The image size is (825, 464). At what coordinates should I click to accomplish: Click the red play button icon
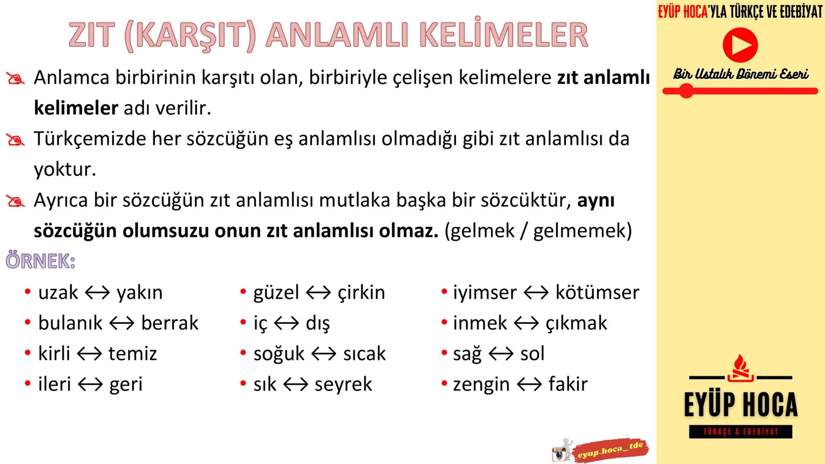tap(740, 45)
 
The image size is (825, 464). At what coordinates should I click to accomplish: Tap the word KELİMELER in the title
tap(503, 35)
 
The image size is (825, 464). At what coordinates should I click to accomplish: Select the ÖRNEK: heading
tap(40, 261)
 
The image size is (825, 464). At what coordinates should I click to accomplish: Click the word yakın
tap(140, 293)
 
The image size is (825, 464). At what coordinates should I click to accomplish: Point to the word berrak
tap(170, 323)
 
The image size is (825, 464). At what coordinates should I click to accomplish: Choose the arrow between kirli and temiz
tap(89, 354)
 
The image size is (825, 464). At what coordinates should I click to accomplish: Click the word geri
tap(126, 385)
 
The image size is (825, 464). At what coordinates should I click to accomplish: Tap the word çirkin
tap(361, 293)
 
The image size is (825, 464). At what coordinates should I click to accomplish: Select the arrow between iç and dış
tap(286, 323)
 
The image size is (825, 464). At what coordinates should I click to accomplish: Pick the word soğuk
tap(279, 354)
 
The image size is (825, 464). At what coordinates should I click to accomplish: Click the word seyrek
tap(343, 385)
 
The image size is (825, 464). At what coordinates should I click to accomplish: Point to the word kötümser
tap(597, 293)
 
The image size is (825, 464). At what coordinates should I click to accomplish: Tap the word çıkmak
tap(577, 323)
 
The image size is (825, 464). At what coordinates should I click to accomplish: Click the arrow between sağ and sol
tap(501, 354)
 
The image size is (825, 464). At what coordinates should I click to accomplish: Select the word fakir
tap(568, 385)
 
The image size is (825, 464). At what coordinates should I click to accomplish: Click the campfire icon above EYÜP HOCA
tap(740, 368)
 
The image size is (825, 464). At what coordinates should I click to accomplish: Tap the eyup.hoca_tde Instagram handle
tap(610, 450)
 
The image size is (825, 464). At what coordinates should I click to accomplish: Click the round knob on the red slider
tap(686, 91)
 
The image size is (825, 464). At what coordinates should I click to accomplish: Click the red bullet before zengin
tap(444, 384)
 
